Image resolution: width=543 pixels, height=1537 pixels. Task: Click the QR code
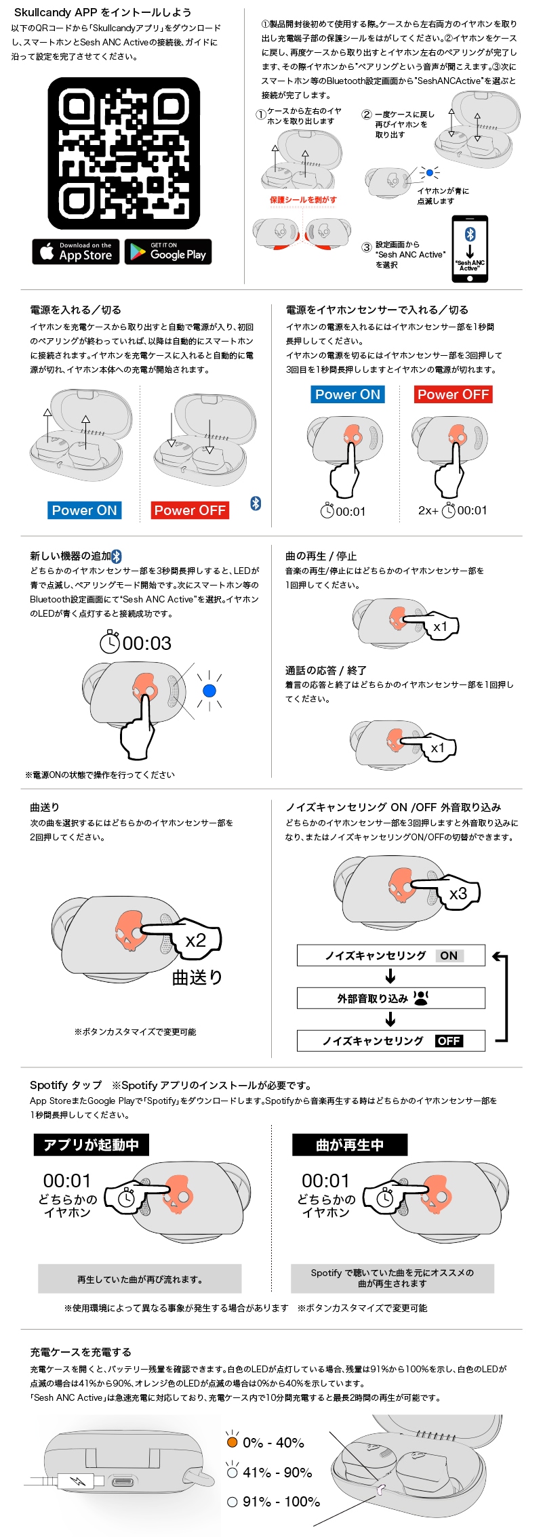pyautogui.click(x=123, y=153)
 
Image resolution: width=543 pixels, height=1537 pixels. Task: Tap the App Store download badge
pyautogui.click(x=76, y=251)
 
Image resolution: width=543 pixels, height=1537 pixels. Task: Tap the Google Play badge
pyautogui.click(x=168, y=251)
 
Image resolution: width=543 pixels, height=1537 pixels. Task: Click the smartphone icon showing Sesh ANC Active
pyautogui.click(x=470, y=249)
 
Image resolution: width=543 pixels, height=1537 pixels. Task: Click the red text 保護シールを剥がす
pyautogui.click(x=303, y=200)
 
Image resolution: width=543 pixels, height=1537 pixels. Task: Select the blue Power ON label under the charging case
pyautogui.click(x=85, y=510)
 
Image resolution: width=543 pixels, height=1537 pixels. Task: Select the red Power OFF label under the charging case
pyautogui.click(x=190, y=510)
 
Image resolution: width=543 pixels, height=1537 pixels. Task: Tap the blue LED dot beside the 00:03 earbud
pyautogui.click(x=209, y=691)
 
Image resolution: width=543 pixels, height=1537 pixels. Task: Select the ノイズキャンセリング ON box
pyautogui.click(x=390, y=956)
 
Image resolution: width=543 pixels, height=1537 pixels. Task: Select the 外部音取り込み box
pyautogui.click(x=390, y=998)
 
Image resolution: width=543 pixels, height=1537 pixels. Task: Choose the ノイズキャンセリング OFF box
pyautogui.click(x=390, y=1041)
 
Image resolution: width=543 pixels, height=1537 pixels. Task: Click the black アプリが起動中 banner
pyautogui.click(x=92, y=1145)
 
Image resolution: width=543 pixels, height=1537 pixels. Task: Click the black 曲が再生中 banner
pyautogui.click(x=350, y=1145)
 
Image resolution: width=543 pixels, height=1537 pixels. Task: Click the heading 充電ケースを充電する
pyautogui.click(x=81, y=1352)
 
